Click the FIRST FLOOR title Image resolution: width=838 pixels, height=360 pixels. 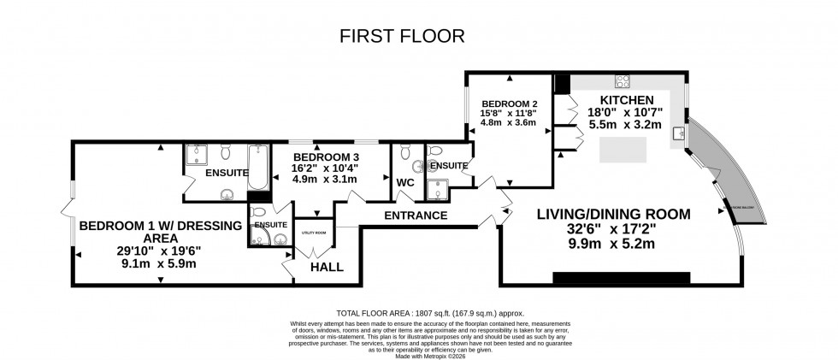[402, 36]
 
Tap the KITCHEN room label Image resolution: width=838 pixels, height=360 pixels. [633, 100]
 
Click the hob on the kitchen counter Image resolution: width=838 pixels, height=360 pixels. [623, 83]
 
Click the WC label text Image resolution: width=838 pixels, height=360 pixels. [404, 183]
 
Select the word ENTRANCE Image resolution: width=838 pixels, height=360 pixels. [416, 215]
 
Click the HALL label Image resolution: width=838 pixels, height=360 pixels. [327, 268]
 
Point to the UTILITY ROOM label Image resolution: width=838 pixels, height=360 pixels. [314, 233]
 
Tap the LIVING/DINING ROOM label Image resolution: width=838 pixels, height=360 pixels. [612, 214]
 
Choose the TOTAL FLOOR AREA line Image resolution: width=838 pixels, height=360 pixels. [419, 313]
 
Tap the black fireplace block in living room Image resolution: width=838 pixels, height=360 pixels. [621, 277]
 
